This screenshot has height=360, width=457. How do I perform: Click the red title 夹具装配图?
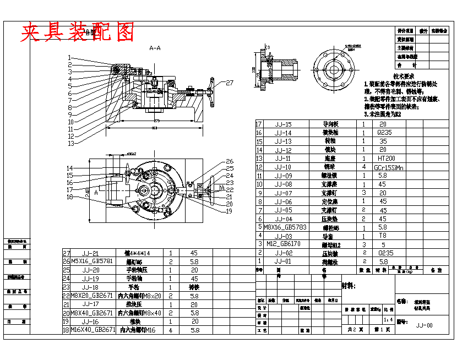78,32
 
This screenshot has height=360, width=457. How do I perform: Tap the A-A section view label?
155,48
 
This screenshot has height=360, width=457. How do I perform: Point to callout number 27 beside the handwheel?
230,83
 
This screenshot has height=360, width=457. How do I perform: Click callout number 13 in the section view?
70,143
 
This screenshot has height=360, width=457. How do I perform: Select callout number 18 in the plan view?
70,197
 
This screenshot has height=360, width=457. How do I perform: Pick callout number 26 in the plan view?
230,162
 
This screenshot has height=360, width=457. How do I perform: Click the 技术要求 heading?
404,76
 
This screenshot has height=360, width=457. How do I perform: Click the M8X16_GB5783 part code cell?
286,227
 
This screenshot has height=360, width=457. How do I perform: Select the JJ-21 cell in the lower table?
90,253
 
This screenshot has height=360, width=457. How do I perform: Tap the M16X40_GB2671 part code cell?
93,330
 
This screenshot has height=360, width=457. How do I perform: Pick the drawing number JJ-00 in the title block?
424,325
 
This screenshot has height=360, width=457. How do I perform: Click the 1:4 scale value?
388,319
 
